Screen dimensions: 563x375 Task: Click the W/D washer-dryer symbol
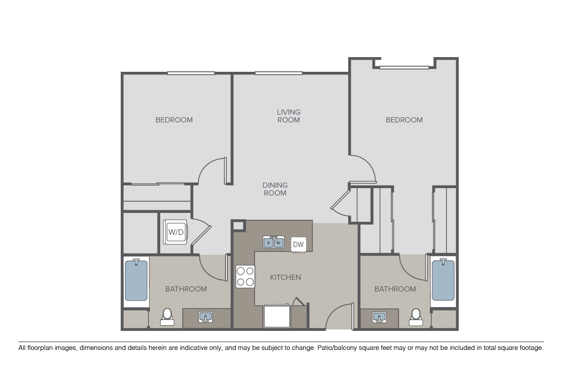(x=176, y=232)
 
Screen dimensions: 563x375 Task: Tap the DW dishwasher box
(x=298, y=244)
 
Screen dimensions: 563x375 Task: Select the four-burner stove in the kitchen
(x=245, y=276)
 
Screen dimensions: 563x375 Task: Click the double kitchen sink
(x=273, y=242)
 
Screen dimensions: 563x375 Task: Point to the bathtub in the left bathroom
(x=136, y=280)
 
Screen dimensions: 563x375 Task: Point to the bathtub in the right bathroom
(x=443, y=280)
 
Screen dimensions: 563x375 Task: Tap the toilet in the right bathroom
(x=416, y=317)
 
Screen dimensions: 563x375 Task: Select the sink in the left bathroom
(x=205, y=317)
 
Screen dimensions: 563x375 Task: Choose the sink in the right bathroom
(x=379, y=317)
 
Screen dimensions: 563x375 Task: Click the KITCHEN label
(x=285, y=277)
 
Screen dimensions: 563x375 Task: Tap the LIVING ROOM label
(x=288, y=116)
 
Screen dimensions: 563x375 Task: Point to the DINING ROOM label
(x=275, y=189)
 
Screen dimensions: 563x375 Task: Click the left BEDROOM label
(x=174, y=120)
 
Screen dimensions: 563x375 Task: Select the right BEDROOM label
(x=404, y=120)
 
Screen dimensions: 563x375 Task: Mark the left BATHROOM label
(x=186, y=289)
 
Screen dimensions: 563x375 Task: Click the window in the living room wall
(x=278, y=73)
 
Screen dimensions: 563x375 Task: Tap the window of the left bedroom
(x=191, y=73)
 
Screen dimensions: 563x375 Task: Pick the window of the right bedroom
(x=404, y=67)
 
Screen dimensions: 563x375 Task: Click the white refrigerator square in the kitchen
(x=277, y=316)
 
